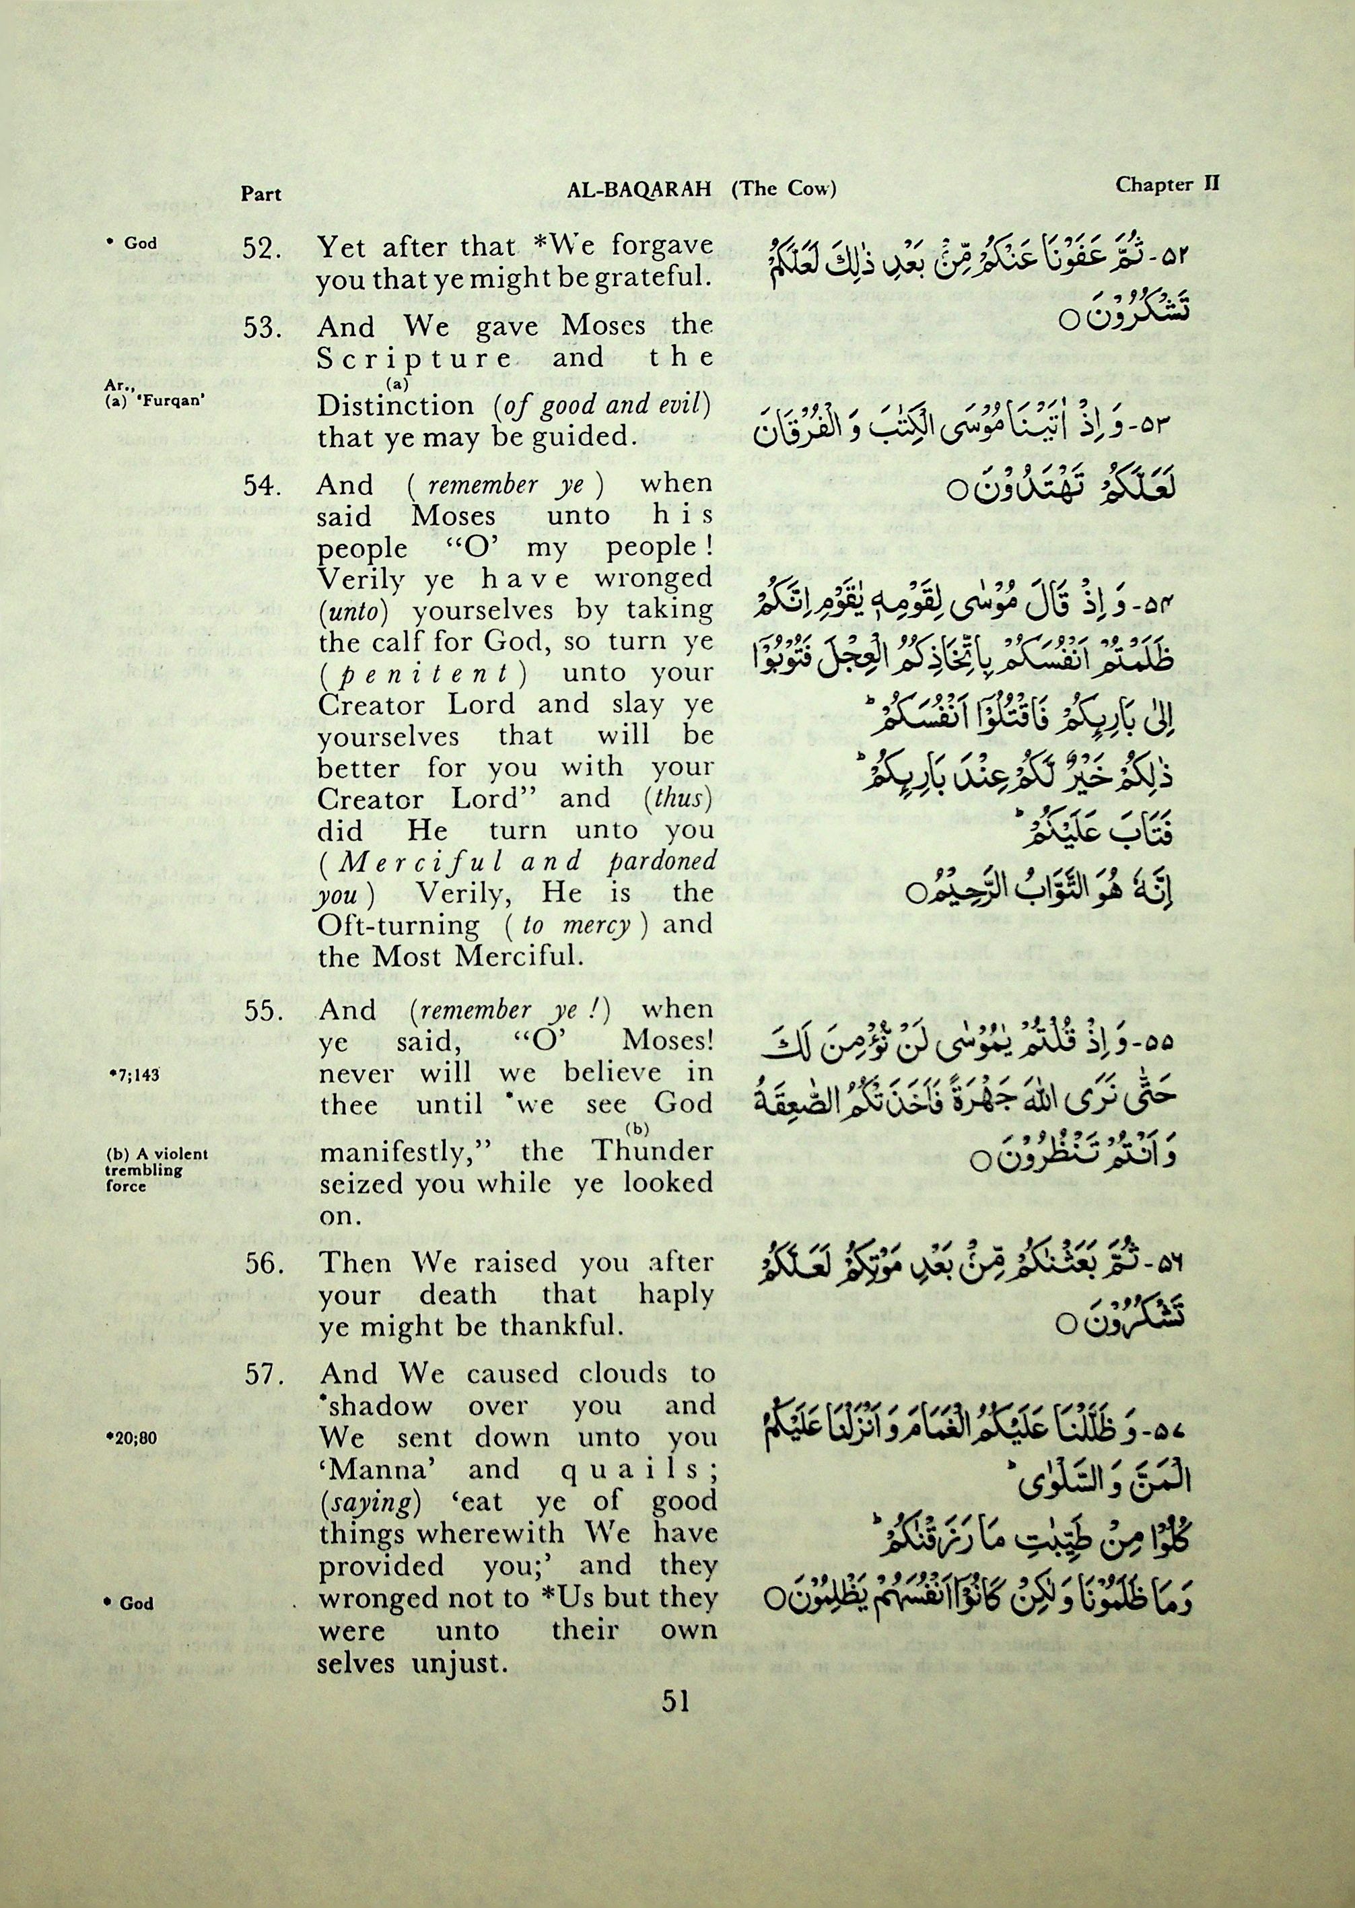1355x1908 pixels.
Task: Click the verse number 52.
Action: (x=265, y=248)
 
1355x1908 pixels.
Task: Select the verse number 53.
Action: (x=265, y=328)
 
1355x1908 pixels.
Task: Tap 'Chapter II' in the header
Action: (x=1167, y=184)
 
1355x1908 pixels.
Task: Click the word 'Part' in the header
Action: (x=261, y=195)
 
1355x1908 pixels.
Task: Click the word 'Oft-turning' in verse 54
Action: (x=398, y=925)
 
